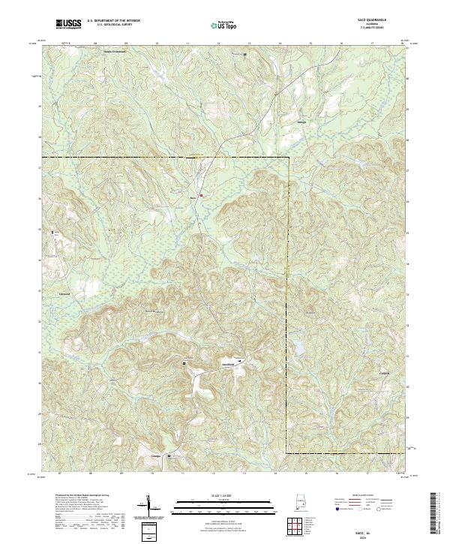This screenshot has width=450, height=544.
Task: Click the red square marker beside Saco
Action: [x=200, y=196]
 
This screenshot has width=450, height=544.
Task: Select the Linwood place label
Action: [x=64, y=294]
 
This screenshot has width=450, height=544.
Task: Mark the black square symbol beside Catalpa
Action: [x=169, y=455]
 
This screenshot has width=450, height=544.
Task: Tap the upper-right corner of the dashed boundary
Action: [x=289, y=158]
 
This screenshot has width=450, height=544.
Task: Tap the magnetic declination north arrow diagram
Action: [x=150, y=505]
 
